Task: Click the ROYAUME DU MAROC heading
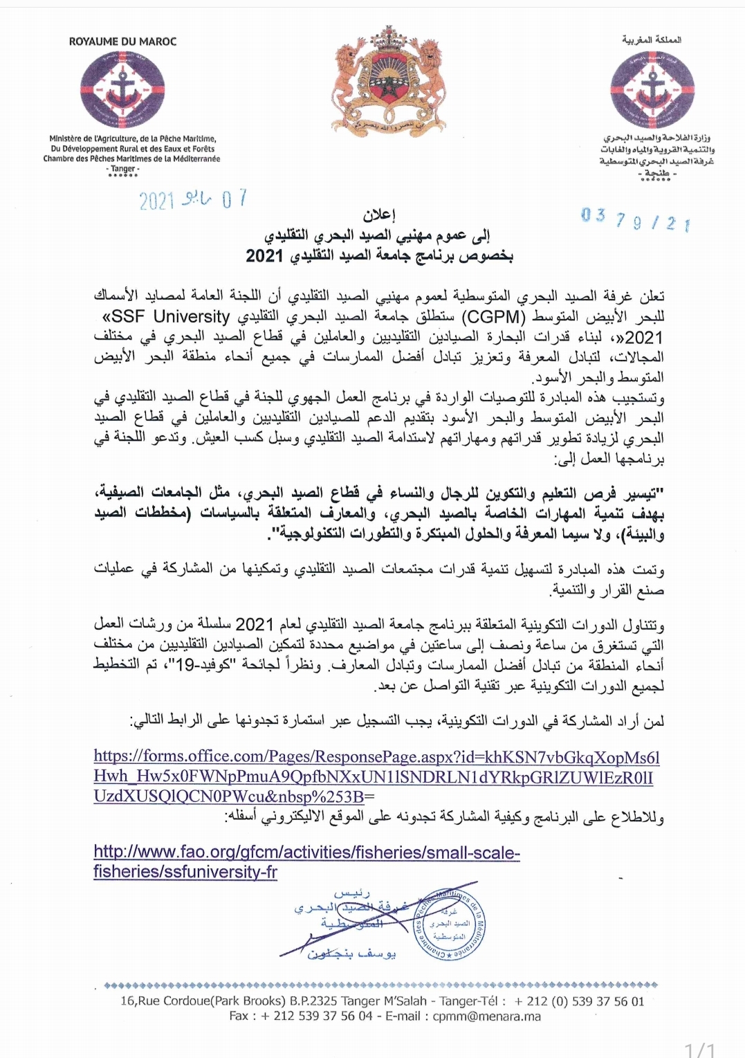[122, 42]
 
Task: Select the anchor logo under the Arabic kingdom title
[652, 89]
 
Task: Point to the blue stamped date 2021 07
[192, 200]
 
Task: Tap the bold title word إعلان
[379, 215]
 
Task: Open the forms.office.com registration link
[376, 776]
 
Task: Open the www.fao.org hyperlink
[306, 862]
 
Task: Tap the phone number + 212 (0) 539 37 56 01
[579, 1001]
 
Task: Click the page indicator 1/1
[699, 1050]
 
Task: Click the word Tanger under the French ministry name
[123, 168]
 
